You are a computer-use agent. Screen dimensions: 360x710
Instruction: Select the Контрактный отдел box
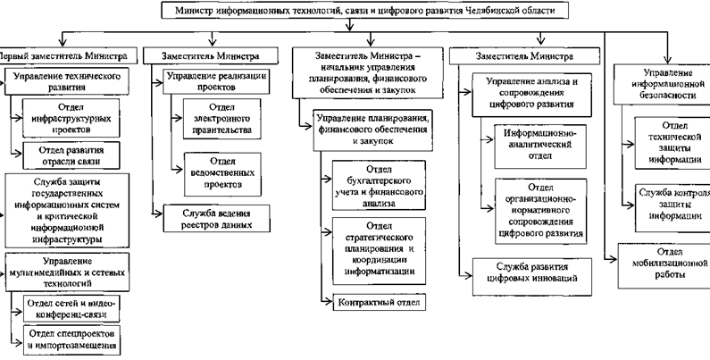(x=374, y=303)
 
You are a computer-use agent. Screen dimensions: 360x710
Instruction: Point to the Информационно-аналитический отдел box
(x=534, y=138)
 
